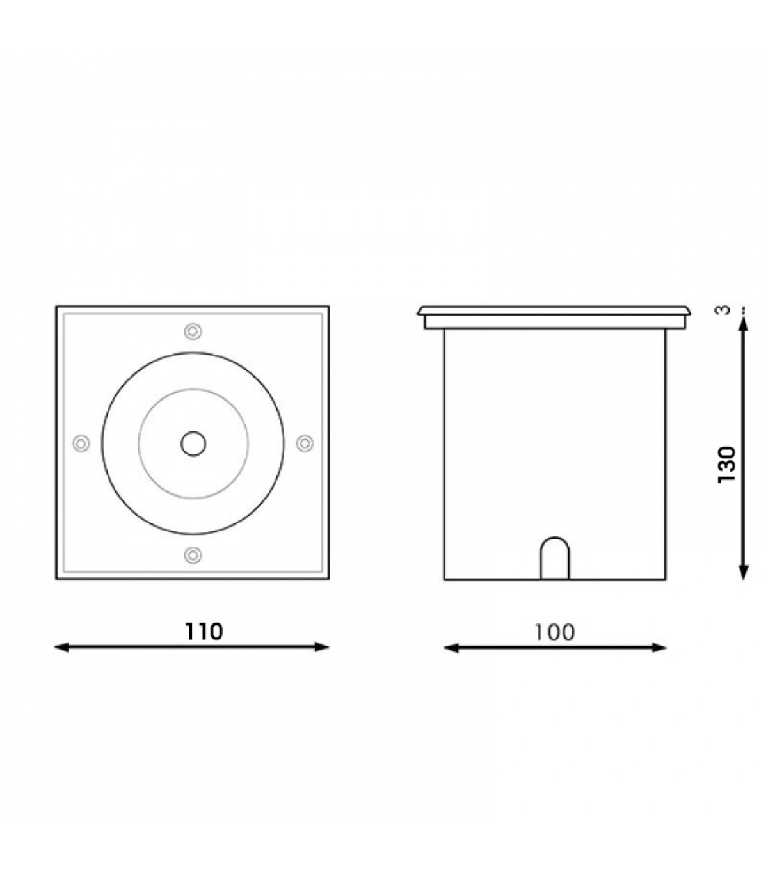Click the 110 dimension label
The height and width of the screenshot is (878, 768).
pos(204,632)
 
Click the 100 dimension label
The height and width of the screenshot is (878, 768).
pos(555,632)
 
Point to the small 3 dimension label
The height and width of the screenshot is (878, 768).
pos(724,310)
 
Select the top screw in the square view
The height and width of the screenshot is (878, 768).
pos(193,331)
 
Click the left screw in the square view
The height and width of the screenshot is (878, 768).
pos(81,443)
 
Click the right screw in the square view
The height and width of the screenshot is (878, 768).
pos(305,443)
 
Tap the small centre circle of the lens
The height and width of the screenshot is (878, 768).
pos(193,443)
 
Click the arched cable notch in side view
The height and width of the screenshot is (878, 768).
pos(555,559)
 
